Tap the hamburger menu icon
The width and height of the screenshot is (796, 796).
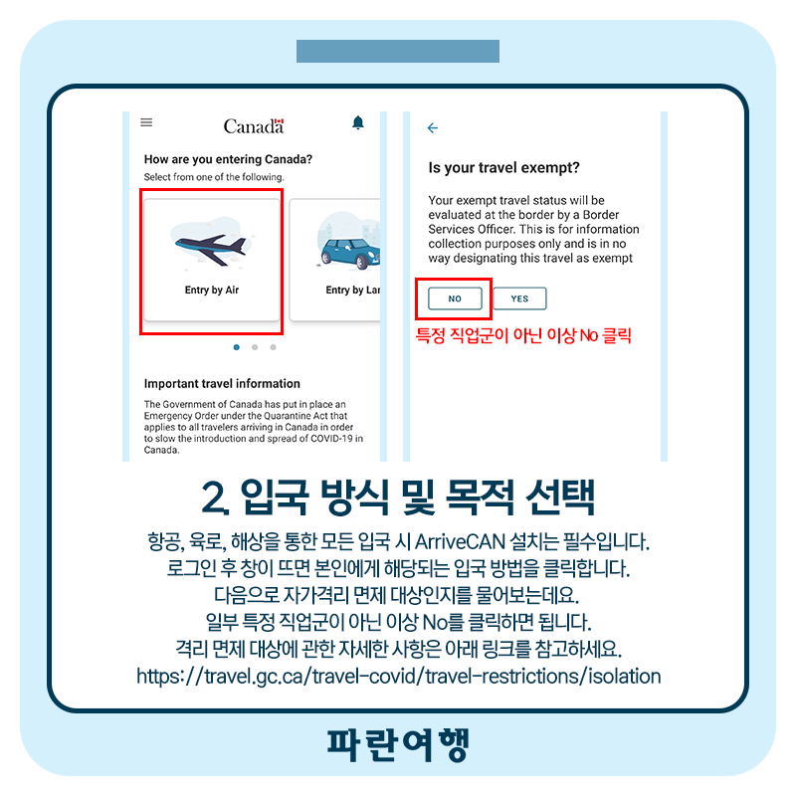tap(146, 122)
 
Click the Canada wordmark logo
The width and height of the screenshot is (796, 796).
tap(254, 126)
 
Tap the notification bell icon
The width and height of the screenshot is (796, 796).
tap(358, 122)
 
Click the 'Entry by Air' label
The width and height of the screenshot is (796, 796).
tap(212, 290)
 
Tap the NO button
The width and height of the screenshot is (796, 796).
tap(455, 298)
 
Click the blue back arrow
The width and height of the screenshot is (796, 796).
tap(433, 128)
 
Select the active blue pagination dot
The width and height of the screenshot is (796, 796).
tap(237, 347)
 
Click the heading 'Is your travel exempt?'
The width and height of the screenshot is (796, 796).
tap(503, 167)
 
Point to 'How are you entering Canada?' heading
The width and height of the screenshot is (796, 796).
tap(228, 159)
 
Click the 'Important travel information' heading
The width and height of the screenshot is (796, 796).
tap(222, 383)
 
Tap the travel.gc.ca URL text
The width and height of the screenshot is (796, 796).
tap(399, 677)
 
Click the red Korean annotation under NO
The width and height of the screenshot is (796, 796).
tap(523, 335)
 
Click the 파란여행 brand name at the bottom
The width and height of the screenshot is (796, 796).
tap(398, 744)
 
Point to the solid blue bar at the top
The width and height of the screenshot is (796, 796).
tap(398, 52)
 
